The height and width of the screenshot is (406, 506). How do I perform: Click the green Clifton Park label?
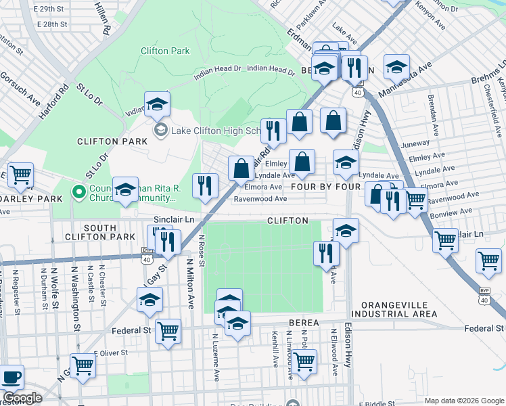click(165, 51)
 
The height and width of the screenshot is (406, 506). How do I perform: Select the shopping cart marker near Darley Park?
click(20, 175)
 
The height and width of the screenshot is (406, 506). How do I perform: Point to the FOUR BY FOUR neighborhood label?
click(325, 186)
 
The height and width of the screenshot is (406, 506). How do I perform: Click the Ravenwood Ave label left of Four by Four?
click(260, 199)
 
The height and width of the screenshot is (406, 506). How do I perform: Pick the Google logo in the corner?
click(22, 397)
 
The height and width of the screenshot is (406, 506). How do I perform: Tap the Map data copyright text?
click(464, 401)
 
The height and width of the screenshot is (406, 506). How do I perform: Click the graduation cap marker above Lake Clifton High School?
click(157, 104)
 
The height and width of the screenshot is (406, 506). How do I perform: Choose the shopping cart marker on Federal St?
click(168, 332)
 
